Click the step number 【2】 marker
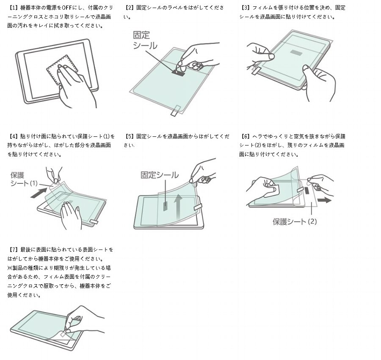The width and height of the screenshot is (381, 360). click(x=130, y=8)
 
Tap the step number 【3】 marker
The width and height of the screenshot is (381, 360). click(x=246, y=8)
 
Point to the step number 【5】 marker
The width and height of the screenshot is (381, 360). click(x=130, y=136)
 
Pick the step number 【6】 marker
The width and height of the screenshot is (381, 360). click(x=246, y=136)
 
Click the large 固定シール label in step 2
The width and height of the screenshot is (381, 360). click(x=145, y=40)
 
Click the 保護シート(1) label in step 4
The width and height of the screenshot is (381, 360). click(x=24, y=178)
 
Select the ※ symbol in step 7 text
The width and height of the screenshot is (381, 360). click(x=9, y=268)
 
